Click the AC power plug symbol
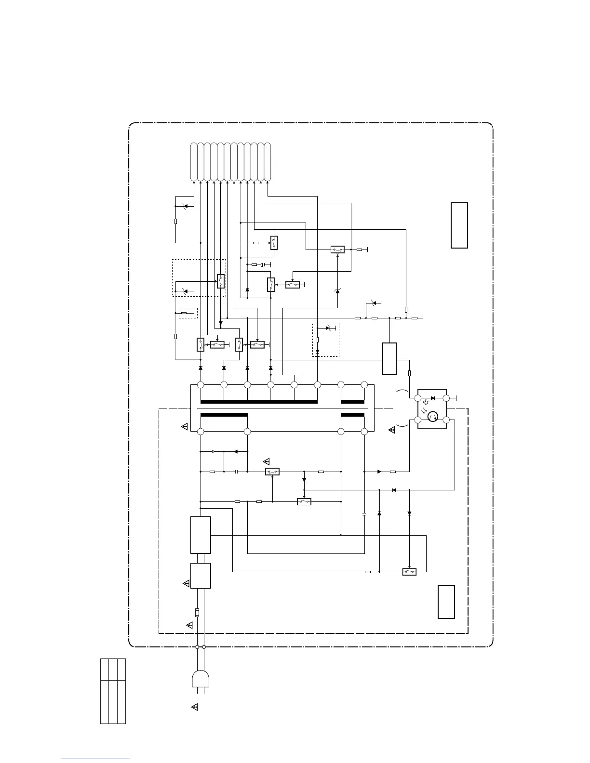(x=201, y=680)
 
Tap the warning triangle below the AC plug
(x=195, y=707)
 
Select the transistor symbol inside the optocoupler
(x=432, y=416)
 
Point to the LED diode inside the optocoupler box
(x=432, y=398)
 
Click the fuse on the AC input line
(x=197, y=613)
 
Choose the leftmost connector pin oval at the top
(x=194, y=162)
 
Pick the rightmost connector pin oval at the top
(x=268, y=162)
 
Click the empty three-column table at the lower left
(x=113, y=691)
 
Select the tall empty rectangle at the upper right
(x=459, y=225)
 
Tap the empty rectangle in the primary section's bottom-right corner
(x=446, y=602)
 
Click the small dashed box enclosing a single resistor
(x=188, y=313)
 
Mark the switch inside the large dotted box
(x=221, y=281)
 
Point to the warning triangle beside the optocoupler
(x=392, y=430)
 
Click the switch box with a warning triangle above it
(x=272, y=472)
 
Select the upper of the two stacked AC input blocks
(x=201, y=535)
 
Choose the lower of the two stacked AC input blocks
(x=201, y=576)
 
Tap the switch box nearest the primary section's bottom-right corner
(x=409, y=572)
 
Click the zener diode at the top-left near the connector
(x=186, y=206)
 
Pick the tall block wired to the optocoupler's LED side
(x=389, y=358)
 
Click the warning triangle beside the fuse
(x=189, y=625)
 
